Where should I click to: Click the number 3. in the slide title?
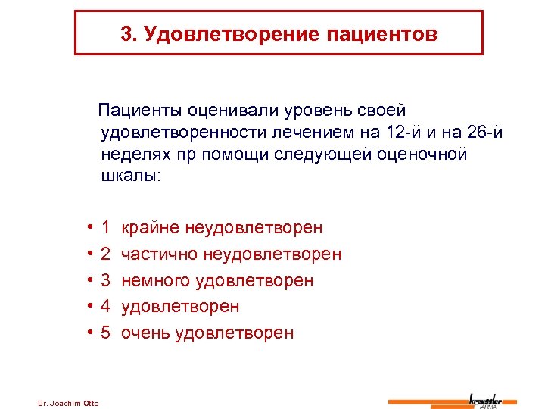127,34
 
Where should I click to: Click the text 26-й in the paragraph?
485,133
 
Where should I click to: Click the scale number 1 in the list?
106,227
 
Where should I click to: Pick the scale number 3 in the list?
106,280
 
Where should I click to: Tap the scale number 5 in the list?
106,333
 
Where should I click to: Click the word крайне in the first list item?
149,227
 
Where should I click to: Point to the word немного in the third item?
155,280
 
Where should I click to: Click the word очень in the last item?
145,333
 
